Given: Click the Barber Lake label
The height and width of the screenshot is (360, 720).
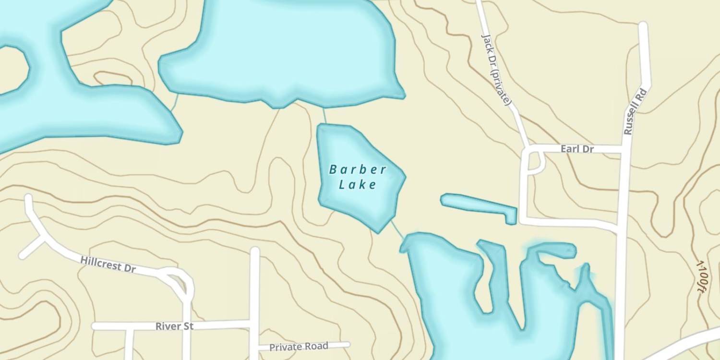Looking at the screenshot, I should [358, 177].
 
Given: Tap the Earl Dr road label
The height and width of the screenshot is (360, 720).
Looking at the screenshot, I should [577, 149].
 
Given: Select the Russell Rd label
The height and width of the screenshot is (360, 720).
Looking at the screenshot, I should [636, 111].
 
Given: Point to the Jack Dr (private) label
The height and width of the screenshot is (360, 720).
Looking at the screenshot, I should [496, 70].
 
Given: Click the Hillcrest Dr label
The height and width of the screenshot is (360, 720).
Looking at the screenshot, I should [108, 264].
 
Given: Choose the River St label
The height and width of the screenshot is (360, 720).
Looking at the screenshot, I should [174, 326].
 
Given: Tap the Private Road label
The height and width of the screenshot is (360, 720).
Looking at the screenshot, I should [299, 347].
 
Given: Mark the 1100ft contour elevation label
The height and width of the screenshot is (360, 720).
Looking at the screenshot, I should [701, 276].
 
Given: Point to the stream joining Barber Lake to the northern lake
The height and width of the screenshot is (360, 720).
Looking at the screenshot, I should [324, 116].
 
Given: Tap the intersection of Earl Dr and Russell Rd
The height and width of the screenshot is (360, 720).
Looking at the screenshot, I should [625, 149].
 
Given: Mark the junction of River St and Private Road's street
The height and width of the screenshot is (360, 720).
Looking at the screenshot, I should [255, 324].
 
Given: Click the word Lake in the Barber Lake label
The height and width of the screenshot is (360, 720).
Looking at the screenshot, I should [358, 184].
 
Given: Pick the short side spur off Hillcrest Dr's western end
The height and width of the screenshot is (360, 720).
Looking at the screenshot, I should [32, 247].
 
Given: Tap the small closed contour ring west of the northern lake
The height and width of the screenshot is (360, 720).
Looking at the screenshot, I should [113, 79].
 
